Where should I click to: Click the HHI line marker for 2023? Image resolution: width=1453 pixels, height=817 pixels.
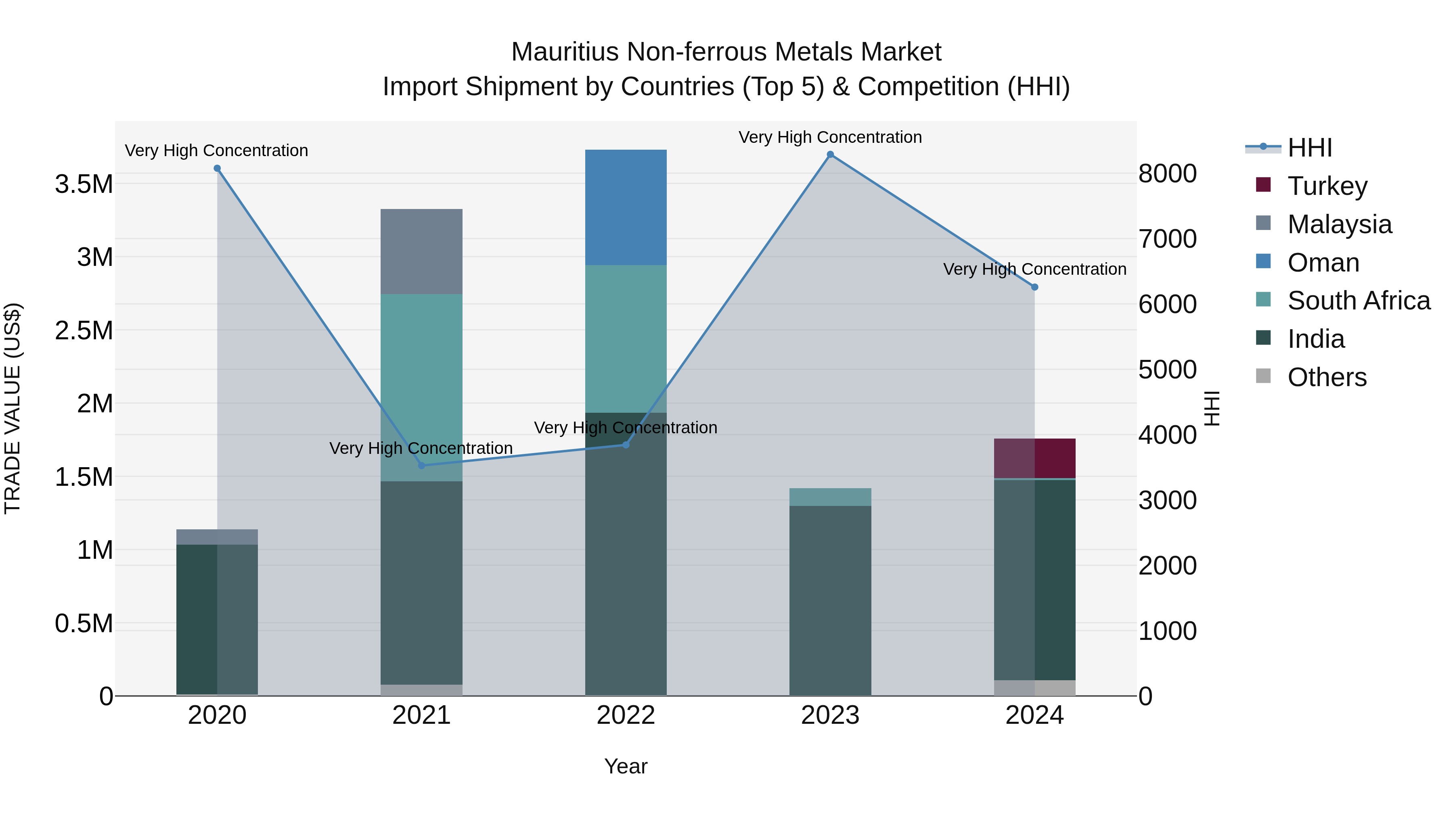830,155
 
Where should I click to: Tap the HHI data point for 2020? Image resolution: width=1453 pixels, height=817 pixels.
217,169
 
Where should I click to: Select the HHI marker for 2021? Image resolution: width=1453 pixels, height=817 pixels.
421,465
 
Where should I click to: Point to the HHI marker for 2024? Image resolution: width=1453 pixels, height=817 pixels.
1034,287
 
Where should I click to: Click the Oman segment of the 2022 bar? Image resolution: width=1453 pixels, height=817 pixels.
626,207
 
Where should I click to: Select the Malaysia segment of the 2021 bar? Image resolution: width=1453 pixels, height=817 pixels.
421,251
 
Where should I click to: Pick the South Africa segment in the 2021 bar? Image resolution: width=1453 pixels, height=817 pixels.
421,387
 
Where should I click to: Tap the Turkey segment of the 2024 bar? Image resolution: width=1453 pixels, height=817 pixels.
1034,458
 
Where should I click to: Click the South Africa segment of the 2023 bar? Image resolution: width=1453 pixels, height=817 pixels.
830,497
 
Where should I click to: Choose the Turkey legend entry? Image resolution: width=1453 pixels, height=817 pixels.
1327,186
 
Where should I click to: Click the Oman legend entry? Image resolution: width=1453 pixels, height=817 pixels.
1323,263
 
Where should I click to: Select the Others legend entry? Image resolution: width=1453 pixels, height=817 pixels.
1327,377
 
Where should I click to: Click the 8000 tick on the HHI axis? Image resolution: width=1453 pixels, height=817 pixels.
1167,173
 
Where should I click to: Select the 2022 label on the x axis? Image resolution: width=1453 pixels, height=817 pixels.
626,715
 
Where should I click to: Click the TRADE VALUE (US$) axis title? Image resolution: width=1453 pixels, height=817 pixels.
13,408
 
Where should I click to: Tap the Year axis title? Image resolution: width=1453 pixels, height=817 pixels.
626,766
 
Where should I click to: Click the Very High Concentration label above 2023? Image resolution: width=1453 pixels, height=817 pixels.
830,137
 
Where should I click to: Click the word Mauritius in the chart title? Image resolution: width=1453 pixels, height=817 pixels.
565,52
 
